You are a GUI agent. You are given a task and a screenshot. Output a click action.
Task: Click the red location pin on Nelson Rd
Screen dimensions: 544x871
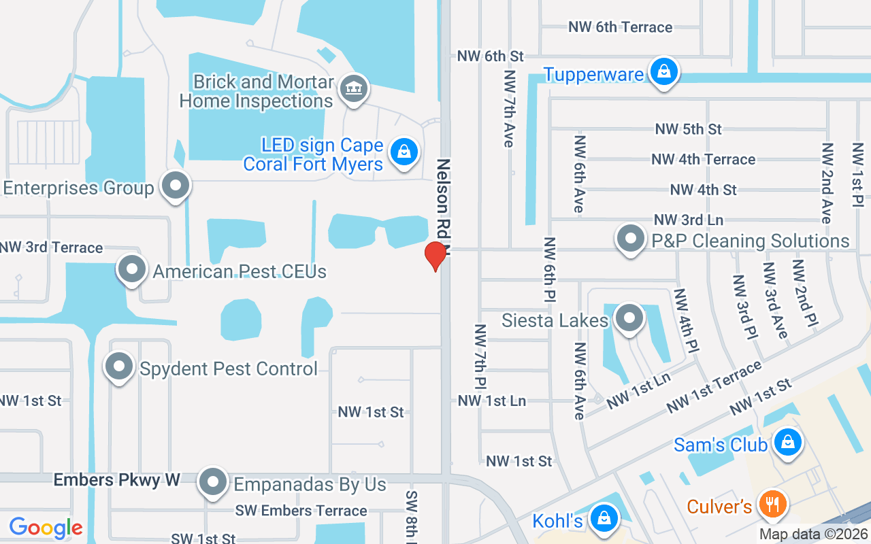click(435, 256)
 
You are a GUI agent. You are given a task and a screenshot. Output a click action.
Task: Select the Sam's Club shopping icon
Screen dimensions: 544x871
click(788, 442)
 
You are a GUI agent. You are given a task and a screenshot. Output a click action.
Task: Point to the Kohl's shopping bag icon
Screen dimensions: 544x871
click(603, 518)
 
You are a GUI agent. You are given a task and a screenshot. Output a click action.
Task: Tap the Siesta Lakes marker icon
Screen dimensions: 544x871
click(629, 318)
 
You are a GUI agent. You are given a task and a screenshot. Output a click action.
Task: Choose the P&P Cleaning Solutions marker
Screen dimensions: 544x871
click(631, 239)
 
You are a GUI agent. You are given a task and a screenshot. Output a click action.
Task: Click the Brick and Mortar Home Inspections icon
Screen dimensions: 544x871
click(353, 88)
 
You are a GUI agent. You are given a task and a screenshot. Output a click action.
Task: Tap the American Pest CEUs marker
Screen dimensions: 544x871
click(132, 269)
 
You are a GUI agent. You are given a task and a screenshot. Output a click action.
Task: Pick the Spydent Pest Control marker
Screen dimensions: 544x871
click(120, 367)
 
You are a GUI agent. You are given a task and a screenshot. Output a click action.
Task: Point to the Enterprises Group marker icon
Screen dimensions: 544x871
click(176, 186)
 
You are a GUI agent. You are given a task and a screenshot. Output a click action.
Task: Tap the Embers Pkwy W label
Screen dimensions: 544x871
click(116, 480)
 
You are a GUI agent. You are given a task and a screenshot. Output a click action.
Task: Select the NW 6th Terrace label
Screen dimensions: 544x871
click(620, 27)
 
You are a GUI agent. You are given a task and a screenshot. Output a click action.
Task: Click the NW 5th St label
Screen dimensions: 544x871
click(688, 129)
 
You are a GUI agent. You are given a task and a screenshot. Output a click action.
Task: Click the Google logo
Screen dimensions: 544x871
click(46, 528)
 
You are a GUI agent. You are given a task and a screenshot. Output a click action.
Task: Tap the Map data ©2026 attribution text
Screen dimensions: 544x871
click(814, 534)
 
